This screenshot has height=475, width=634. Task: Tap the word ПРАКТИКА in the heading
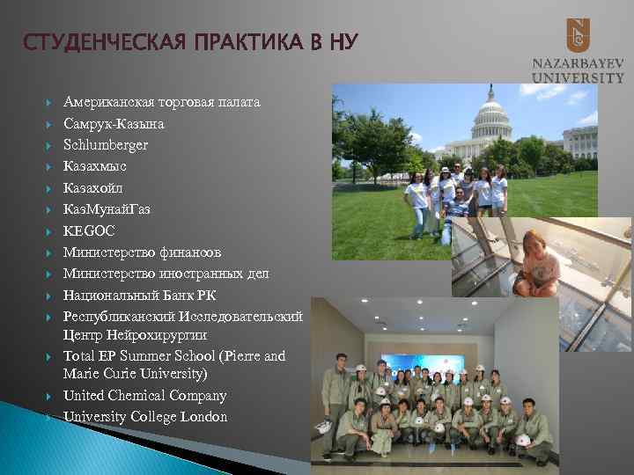[239, 41]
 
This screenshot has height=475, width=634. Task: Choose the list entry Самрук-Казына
[114, 124]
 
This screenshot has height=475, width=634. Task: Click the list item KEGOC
[89, 230]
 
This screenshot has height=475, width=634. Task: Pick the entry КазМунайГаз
[107, 209]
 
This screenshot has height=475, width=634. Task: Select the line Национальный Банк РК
[139, 296]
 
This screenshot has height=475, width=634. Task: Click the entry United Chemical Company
[144, 396]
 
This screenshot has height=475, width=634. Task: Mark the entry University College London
[145, 417]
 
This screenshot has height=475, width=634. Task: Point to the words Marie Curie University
[135, 374]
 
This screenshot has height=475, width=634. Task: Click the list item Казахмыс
[95, 166]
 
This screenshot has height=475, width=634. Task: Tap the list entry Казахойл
[93, 188]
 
